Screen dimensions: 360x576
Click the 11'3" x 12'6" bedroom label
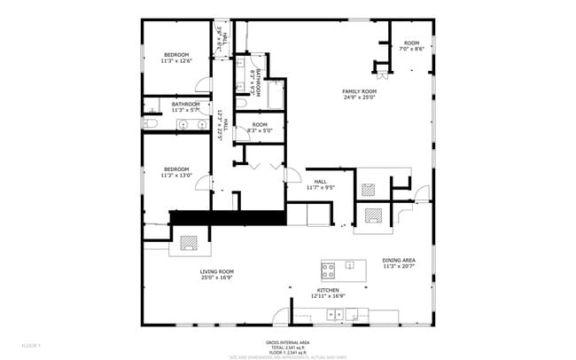pos(175,59)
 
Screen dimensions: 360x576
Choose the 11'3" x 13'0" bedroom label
pos(175,172)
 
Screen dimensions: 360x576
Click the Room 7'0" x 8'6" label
pos(411,46)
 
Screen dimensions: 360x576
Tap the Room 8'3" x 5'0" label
pos(260,128)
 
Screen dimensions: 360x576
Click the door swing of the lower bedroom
pos(204,184)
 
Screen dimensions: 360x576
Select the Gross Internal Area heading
pos(287,341)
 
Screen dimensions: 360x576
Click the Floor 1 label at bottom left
pos(31,345)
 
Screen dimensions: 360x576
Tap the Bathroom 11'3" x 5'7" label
pos(186,106)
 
